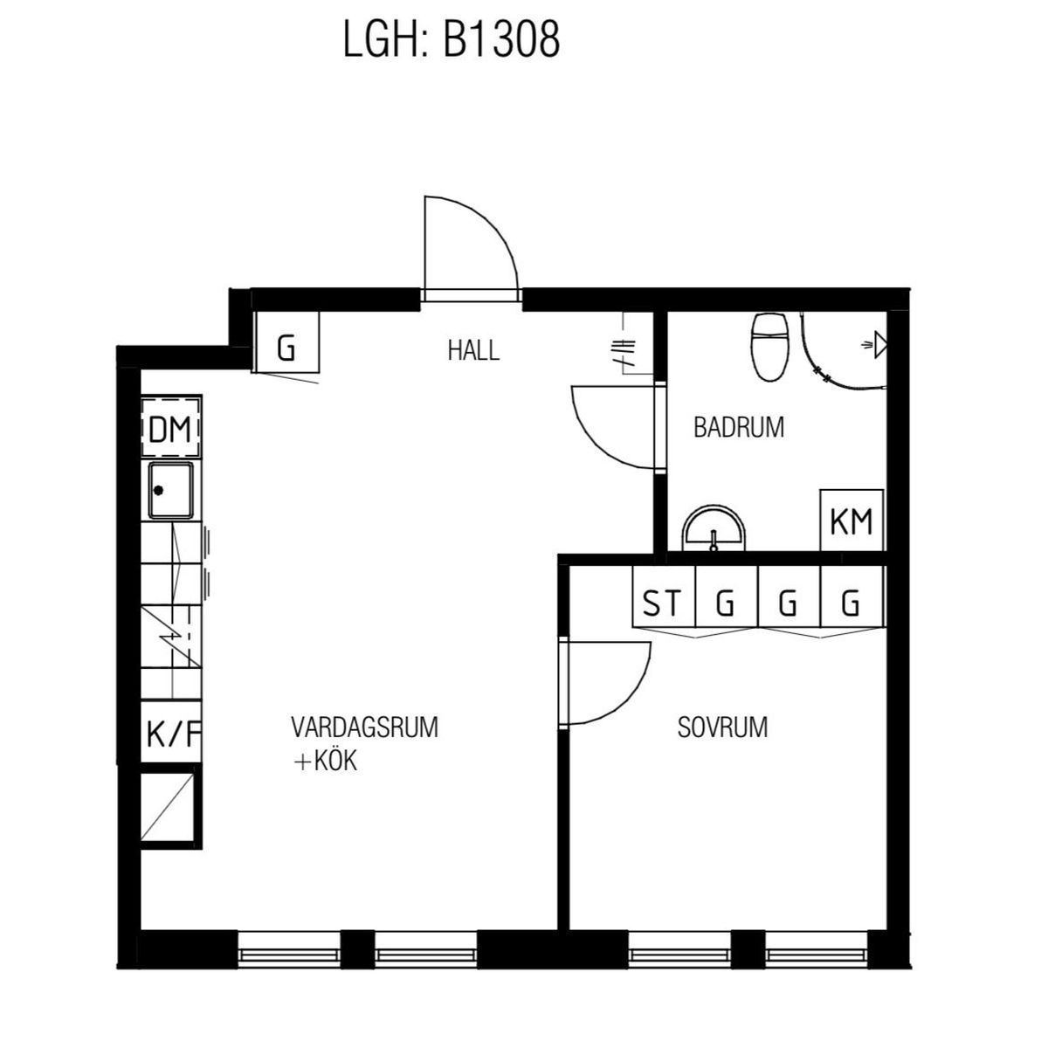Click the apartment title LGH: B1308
coord(451,39)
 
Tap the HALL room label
coord(473,350)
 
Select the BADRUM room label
coord(739,427)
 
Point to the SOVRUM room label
coord(722,727)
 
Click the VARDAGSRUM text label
coord(364,727)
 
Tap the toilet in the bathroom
coord(769,347)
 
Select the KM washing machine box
coord(851,521)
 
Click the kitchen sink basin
coord(171,491)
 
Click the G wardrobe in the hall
coord(286,342)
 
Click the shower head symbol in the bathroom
coord(877,345)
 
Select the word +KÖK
coord(325,762)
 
